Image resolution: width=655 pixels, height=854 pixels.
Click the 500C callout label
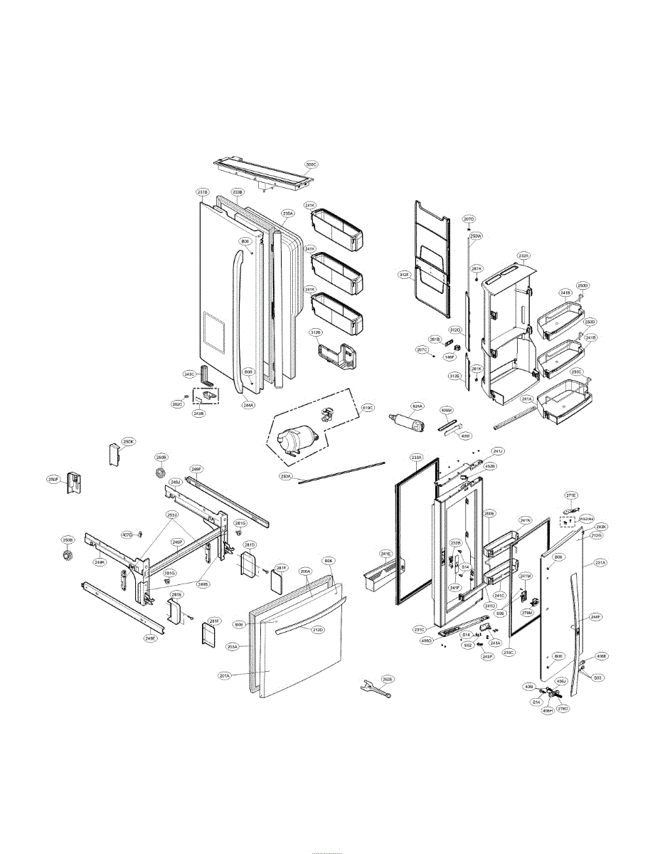[311, 164]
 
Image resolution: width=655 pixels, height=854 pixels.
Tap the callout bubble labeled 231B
[203, 192]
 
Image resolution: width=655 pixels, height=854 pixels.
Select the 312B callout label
[316, 332]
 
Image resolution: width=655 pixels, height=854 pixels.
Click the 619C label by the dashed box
[368, 408]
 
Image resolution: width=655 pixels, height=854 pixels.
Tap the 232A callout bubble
[524, 255]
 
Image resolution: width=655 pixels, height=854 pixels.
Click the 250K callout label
[127, 441]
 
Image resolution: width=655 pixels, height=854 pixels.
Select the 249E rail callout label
[149, 638]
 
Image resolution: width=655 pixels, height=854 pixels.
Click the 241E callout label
[385, 553]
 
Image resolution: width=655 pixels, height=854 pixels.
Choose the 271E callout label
[571, 495]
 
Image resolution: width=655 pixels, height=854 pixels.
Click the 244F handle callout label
[595, 617]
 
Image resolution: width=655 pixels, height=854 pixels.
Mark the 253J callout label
[172, 515]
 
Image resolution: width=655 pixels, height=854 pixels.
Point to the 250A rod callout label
[287, 475]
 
